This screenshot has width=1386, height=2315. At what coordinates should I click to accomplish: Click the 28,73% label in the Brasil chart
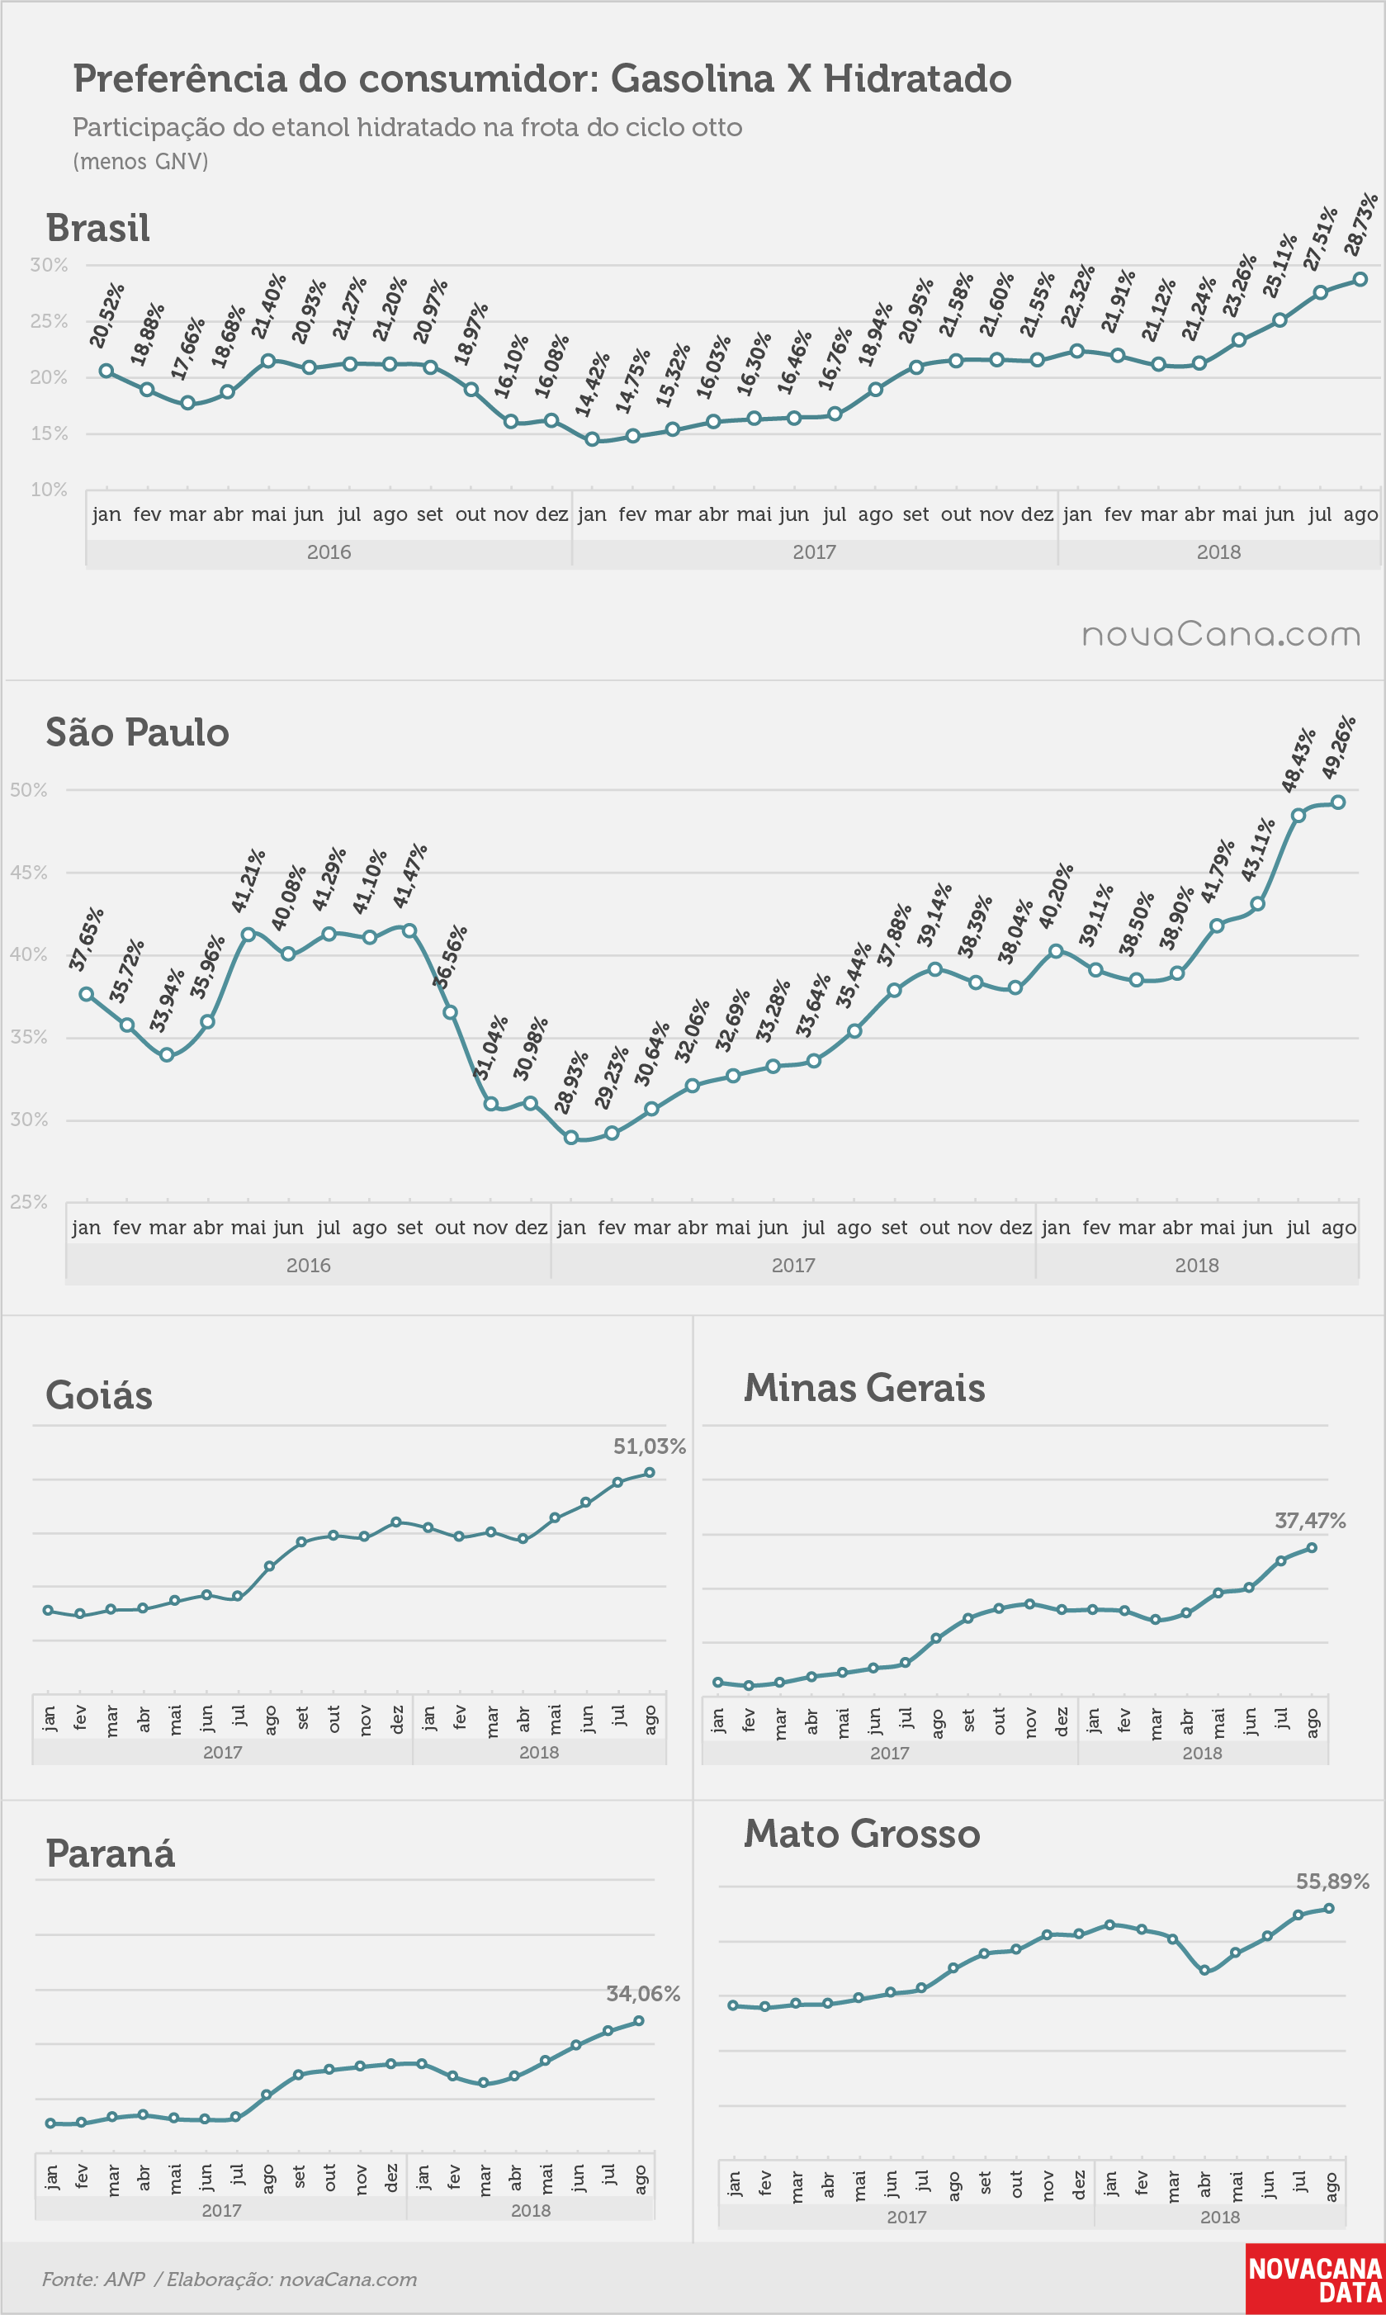click(x=1360, y=224)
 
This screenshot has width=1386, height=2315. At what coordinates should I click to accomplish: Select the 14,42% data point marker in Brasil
click(x=592, y=439)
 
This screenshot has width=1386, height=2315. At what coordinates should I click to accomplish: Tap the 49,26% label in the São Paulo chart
click(x=1338, y=747)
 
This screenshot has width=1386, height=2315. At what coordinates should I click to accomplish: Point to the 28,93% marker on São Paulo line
click(x=571, y=1138)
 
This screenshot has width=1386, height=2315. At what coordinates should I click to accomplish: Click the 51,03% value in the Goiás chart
click(x=649, y=1446)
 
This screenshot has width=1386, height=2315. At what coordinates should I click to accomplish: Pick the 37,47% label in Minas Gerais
click(x=1310, y=1522)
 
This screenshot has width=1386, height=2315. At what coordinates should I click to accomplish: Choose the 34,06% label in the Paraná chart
click(x=644, y=1995)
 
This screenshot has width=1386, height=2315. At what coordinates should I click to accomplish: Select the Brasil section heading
click(x=98, y=228)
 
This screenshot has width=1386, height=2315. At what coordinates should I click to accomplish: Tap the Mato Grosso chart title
click(x=862, y=1834)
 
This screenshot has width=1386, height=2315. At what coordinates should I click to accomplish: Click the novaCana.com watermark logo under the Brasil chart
click(x=1221, y=635)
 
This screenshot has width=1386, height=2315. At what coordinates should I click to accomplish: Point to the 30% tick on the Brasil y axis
click(x=49, y=265)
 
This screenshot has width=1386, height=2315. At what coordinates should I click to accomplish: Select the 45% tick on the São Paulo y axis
click(x=28, y=872)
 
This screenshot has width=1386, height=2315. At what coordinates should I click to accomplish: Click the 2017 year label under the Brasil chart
click(x=815, y=552)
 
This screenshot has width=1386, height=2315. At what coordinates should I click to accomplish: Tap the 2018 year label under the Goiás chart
click(x=539, y=1753)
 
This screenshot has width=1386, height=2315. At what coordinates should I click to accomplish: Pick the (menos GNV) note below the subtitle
click(x=140, y=162)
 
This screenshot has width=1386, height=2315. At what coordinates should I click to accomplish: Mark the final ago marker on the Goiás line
click(x=650, y=1473)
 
